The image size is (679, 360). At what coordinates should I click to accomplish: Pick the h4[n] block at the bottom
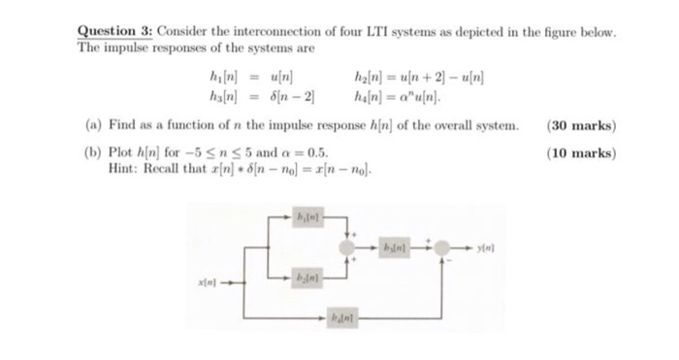tap(338, 316)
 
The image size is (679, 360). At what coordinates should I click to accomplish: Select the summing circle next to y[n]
tap(444, 246)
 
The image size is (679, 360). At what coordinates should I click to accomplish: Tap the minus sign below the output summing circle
tap(449, 264)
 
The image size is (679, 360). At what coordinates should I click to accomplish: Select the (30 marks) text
tap(582, 126)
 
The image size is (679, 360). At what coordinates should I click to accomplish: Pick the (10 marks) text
tap(582, 153)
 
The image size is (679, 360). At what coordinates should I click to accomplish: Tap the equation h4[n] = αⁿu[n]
tap(398, 96)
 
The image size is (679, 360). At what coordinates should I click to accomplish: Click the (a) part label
tap(87, 126)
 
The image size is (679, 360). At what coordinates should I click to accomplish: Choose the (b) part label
tap(87, 153)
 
